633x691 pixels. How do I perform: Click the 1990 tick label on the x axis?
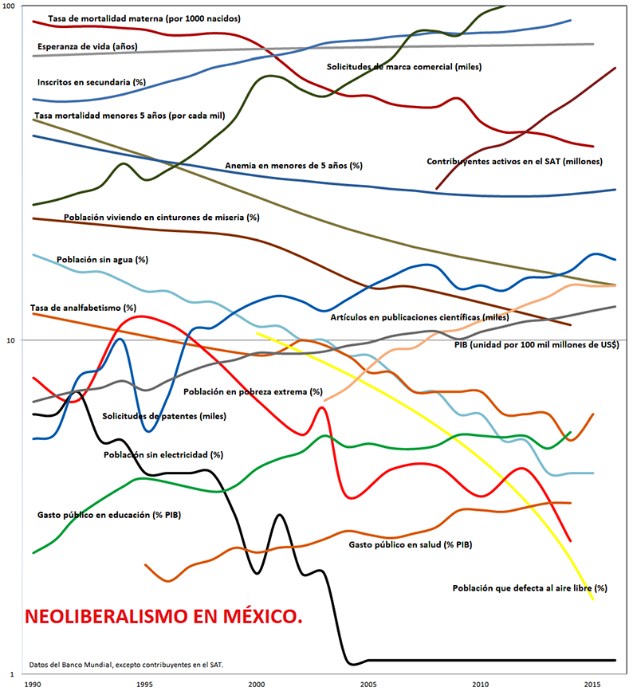33,684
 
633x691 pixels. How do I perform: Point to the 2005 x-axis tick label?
368,684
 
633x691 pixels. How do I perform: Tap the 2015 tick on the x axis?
592,684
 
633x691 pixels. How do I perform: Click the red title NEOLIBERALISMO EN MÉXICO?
164,616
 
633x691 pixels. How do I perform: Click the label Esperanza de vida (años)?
88,46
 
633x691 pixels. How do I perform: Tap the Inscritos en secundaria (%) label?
92,81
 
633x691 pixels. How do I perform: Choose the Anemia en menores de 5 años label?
293,166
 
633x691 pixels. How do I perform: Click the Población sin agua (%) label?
102,260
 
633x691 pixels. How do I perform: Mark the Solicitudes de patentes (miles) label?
164,416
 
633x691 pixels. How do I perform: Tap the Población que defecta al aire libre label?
530,588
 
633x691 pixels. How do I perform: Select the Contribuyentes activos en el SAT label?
514,161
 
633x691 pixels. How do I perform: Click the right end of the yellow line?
593,599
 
